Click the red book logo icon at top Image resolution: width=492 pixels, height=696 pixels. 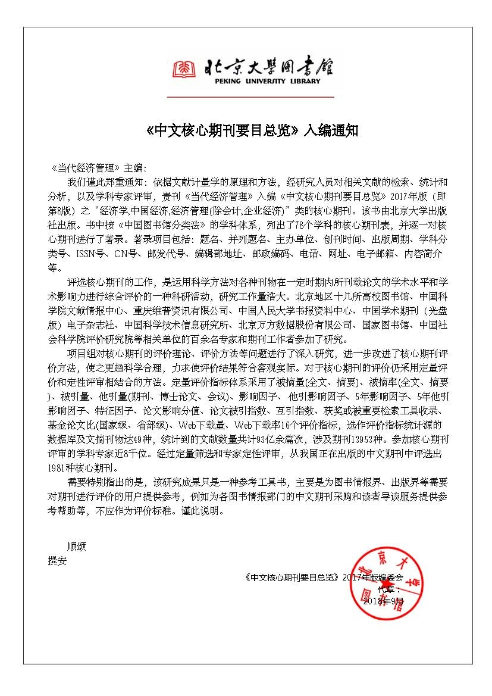pos(184,69)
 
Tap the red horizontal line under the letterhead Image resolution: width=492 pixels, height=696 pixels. pos(250,96)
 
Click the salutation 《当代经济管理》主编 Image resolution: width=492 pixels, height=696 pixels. pos(99,167)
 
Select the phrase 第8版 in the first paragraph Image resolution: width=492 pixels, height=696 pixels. pos(62,210)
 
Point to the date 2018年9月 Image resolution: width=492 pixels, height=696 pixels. pos(383,601)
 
